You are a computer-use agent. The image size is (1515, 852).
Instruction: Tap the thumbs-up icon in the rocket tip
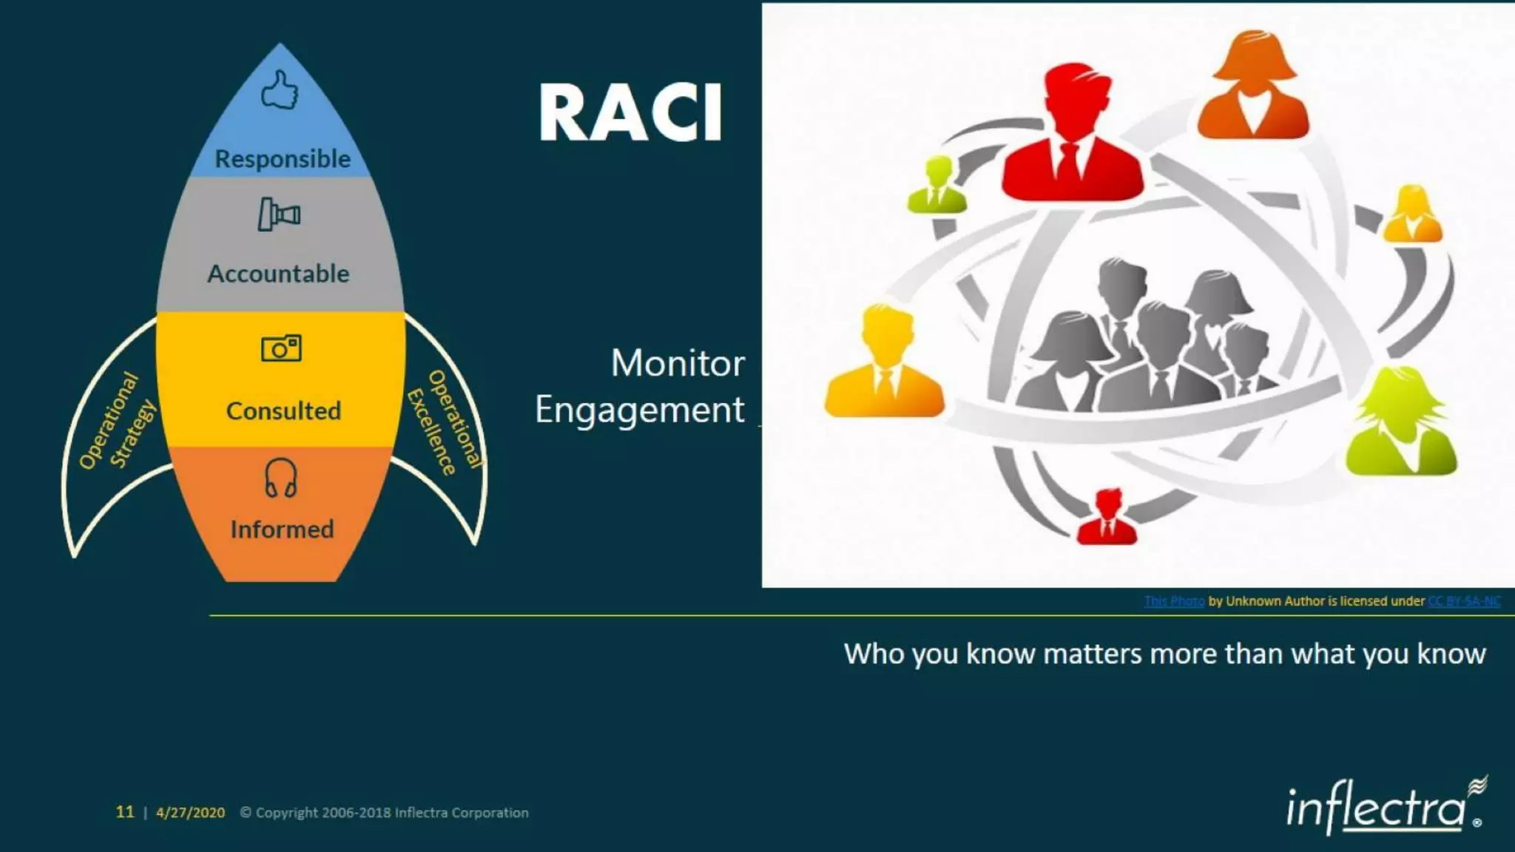[280, 90]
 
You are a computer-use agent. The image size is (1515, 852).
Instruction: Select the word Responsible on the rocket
[283, 158]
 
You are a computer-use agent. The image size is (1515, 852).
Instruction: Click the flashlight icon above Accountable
[278, 214]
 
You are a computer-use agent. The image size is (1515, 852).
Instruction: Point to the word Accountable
[278, 274]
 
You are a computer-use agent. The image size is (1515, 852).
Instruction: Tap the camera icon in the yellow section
[281, 348]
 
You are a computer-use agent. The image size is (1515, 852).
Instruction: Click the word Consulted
[283, 410]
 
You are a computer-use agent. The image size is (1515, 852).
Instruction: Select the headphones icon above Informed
[281, 478]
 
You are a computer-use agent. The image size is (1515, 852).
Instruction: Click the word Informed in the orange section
[282, 530]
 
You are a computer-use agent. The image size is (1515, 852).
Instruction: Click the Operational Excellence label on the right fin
[444, 422]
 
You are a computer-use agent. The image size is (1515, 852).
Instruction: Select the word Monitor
[678, 363]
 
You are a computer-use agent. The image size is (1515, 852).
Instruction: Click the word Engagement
[639, 410]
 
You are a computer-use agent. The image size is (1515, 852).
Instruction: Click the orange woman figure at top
[1252, 87]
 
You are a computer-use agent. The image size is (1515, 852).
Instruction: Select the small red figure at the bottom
[1107, 517]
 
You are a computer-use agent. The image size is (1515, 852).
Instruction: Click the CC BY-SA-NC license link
[1463, 601]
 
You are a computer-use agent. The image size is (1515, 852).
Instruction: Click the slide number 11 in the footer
[125, 812]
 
